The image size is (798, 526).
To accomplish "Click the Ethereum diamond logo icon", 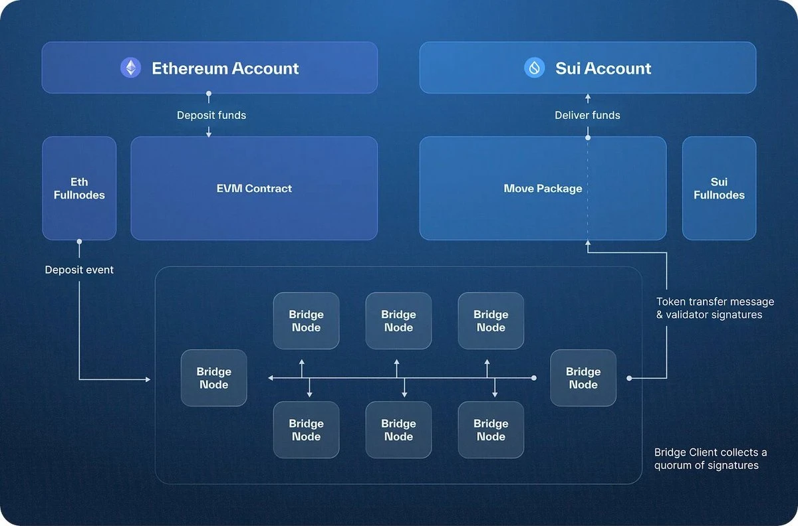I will (130, 68).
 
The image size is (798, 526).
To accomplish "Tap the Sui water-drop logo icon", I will (534, 68).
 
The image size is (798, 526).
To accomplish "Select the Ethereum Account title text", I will (225, 68).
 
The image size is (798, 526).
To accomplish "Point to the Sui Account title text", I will (603, 68).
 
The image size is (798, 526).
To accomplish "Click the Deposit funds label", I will (211, 115).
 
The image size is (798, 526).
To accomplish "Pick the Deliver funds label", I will (587, 115).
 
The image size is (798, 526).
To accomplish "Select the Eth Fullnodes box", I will (79, 188).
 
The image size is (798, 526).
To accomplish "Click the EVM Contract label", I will (254, 189).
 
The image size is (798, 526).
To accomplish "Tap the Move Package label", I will (543, 189).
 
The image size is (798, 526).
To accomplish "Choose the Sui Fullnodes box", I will (719, 188).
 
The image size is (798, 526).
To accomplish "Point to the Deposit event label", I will (79, 270).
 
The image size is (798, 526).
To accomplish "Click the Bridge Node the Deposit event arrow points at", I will (213, 378).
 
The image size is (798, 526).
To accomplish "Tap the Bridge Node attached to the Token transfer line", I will (583, 378).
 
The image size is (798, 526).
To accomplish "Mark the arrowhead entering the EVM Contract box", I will (209, 134).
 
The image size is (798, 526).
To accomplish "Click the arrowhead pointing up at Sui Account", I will (587, 97).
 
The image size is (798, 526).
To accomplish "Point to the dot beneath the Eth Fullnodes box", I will (79, 241).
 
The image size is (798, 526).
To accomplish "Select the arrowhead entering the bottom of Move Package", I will (587, 244).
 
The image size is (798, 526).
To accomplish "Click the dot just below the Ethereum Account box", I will (209, 94).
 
